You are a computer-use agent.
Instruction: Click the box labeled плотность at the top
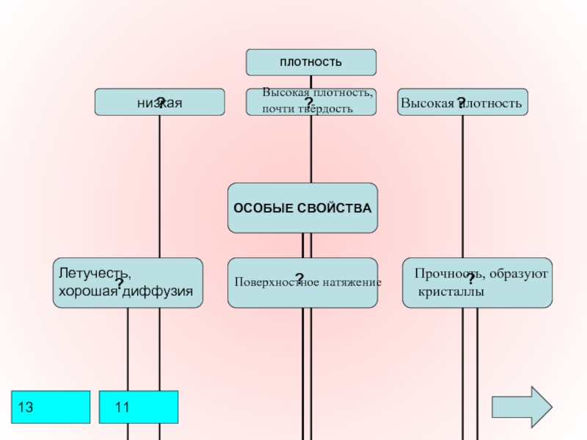pyautogui.click(x=310, y=62)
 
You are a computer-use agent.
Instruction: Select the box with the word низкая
pyautogui.click(x=159, y=103)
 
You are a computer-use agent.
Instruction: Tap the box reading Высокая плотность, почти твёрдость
pyautogui.click(x=310, y=103)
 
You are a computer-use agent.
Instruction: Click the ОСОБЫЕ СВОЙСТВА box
pyautogui.click(x=302, y=208)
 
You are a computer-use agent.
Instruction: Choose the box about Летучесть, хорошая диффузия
pyautogui.click(x=128, y=282)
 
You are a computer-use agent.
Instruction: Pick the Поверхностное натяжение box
pyautogui.click(x=302, y=282)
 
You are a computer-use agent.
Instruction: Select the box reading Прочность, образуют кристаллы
pyautogui.click(x=477, y=282)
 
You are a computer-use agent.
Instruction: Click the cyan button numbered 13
pyautogui.click(x=51, y=407)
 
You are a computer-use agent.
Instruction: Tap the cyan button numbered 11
pyautogui.click(x=139, y=407)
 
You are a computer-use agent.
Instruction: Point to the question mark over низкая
pyautogui.click(x=160, y=100)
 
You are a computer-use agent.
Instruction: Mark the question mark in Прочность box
pyautogui.click(x=470, y=279)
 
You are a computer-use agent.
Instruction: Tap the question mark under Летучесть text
pyautogui.click(x=118, y=283)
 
